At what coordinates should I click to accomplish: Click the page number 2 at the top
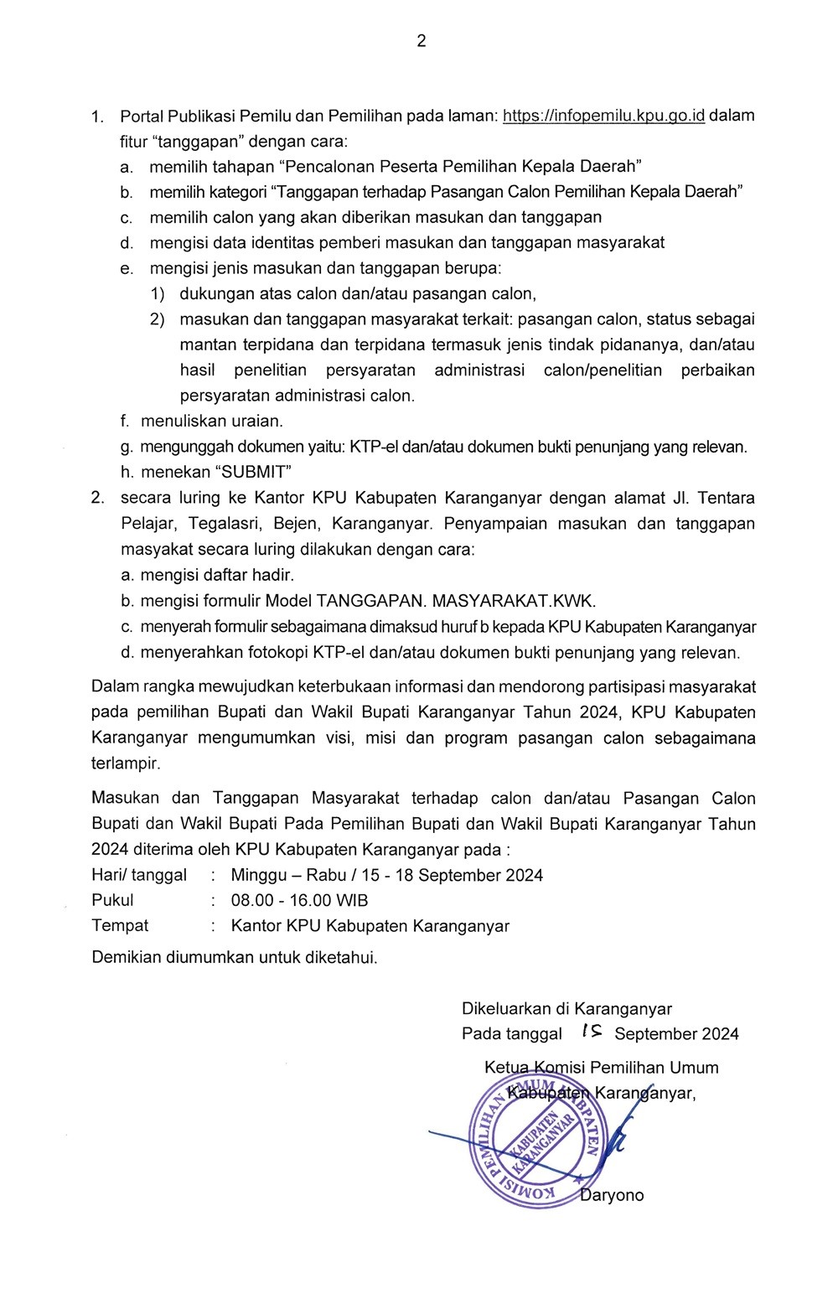pos(421,41)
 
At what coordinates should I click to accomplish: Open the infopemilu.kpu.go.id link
pos(603,116)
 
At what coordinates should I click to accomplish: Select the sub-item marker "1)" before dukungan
pos(158,294)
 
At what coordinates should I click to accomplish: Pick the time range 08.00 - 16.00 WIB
pos(299,901)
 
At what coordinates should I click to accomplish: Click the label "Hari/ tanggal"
pos(139,875)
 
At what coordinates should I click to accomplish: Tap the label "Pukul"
pos(112,901)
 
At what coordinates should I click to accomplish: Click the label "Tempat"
pos(120,926)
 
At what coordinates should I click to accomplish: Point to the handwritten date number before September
pos(591,1032)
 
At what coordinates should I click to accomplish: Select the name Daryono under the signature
pos(613,1196)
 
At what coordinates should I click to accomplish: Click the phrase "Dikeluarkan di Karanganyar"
pos(566,1009)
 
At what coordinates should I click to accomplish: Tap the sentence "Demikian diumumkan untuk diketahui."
pos(235,957)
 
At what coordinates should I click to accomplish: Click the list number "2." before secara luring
pos(98,498)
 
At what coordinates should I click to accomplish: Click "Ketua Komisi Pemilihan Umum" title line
pos(601,1068)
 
